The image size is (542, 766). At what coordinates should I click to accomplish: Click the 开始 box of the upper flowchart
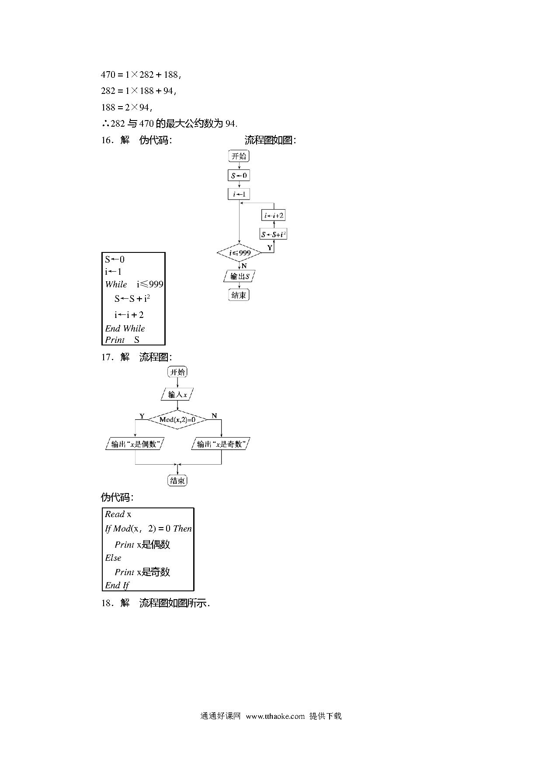click(x=239, y=156)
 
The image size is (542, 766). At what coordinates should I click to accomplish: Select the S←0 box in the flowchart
click(x=239, y=176)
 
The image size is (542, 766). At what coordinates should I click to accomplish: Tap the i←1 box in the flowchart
click(x=239, y=194)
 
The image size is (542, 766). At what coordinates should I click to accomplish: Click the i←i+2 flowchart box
click(x=274, y=215)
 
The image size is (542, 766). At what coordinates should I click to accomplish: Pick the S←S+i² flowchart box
click(x=274, y=234)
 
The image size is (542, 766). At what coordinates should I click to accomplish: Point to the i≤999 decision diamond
click(x=239, y=253)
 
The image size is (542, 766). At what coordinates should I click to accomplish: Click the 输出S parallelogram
click(x=239, y=276)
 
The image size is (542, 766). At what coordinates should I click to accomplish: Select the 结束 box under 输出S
click(x=239, y=295)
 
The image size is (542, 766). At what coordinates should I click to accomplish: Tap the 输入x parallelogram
click(x=177, y=394)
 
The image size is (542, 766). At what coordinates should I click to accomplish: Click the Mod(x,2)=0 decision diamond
click(x=177, y=420)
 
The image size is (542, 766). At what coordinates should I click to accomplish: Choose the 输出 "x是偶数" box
click(x=135, y=444)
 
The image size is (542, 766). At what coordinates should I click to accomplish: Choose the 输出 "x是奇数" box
click(x=221, y=444)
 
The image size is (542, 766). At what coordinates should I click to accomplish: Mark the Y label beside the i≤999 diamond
click(x=270, y=248)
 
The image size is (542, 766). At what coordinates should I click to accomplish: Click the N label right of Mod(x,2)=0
click(x=214, y=416)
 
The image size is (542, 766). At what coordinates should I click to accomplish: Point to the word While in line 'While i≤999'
click(x=116, y=284)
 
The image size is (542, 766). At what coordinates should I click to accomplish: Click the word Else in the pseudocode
click(x=113, y=558)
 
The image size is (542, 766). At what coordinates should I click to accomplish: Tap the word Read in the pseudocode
click(x=115, y=514)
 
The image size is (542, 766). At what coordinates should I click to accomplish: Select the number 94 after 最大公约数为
click(x=230, y=124)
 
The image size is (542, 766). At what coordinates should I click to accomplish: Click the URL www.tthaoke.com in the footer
click(x=275, y=716)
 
